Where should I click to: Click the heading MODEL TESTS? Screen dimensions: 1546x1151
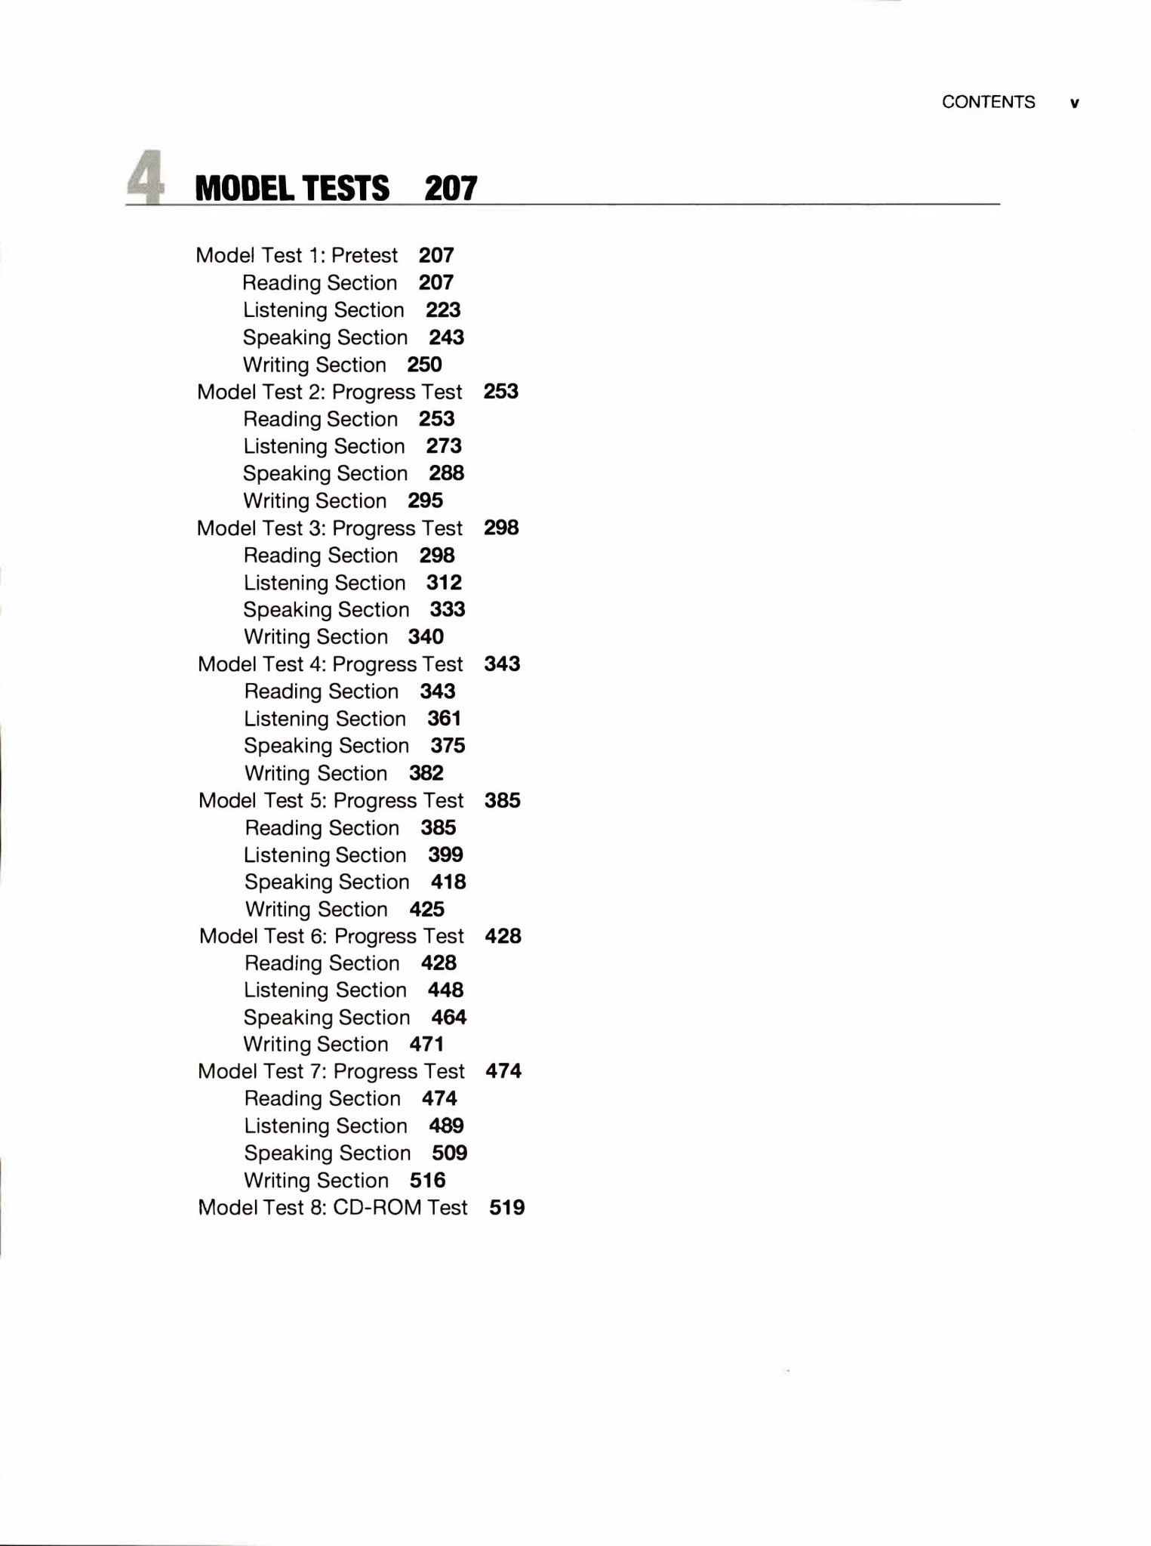(x=292, y=188)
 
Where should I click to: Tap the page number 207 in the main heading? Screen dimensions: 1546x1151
(x=451, y=188)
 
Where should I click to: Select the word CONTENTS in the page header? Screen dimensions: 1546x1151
(x=988, y=102)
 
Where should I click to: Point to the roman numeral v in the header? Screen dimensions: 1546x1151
(x=1075, y=103)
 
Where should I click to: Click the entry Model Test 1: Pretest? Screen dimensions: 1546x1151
(x=297, y=255)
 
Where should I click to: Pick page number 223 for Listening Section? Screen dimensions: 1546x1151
(x=443, y=310)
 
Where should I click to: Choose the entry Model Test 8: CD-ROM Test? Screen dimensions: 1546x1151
(x=333, y=1207)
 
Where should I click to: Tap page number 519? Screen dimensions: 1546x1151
(x=506, y=1207)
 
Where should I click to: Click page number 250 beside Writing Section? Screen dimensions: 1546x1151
(x=424, y=365)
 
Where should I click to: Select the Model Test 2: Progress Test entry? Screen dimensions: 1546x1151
(x=330, y=392)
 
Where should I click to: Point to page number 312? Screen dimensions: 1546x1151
(x=444, y=582)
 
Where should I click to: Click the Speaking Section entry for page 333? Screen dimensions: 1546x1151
(x=326, y=609)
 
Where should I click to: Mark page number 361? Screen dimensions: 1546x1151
(x=444, y=718)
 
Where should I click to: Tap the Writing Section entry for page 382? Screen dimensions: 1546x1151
(x=315, y=773)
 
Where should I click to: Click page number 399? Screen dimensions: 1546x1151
(x=445, y=855)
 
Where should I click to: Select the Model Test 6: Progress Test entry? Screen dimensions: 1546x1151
(x=331, y=936)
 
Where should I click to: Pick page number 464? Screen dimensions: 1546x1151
(x=449, y=1017)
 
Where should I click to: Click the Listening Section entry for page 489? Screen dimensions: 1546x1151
(x=325, y=1126)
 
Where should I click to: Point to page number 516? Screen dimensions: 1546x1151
(x=427, y=1180)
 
